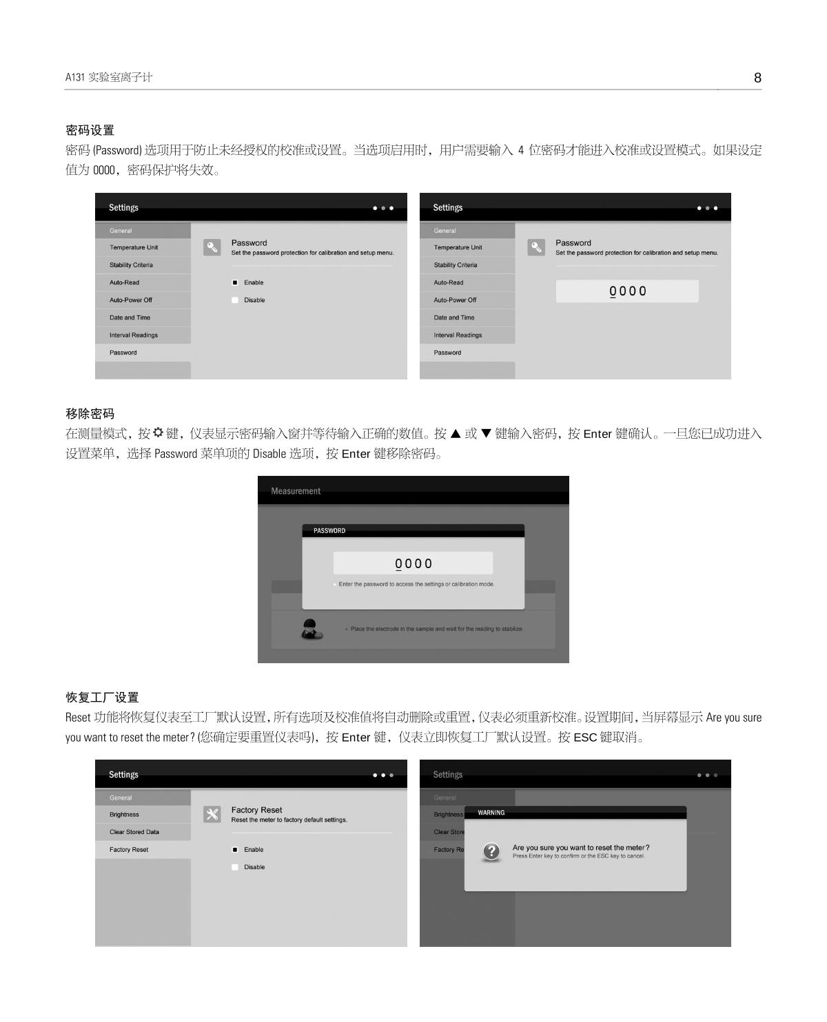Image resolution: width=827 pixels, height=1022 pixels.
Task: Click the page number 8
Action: click(x=757, y=78)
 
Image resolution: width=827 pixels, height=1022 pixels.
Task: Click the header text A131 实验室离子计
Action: click(x=108, y=77)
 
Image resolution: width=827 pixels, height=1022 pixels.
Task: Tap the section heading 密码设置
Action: click(x=90, y=130)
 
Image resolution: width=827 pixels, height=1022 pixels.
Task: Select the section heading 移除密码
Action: click(x=90, y=413)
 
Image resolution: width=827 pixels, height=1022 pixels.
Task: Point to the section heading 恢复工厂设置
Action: click(x=102, y=697)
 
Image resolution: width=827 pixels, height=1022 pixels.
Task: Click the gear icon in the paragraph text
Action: click(x=158, y=432)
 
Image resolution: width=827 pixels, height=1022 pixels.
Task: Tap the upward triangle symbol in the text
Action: click(x=456, y=433)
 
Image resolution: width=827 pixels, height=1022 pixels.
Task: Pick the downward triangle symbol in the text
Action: click(x=486, y=433)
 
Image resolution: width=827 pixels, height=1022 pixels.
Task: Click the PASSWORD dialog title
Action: click(x=329, y=531)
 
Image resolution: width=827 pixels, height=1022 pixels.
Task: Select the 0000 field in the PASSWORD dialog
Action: click(x=413, y=563)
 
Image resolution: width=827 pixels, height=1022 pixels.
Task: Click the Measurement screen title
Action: click(x=295, y=491)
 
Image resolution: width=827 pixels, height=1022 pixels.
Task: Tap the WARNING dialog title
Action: click(x=491, y=813)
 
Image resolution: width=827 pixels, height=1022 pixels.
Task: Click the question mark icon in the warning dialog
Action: click(x=491, y=851)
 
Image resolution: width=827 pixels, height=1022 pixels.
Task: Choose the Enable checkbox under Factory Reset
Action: click(x=235, y=849)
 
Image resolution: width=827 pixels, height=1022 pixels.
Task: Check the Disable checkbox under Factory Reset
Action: click(x=235, y=866)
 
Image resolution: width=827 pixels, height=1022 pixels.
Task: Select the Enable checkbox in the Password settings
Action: click(x=235, y=282)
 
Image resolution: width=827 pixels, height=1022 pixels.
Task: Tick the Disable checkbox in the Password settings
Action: click(x=235, y=300)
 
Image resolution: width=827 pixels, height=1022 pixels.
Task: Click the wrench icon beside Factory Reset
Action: click(x=212, y=814)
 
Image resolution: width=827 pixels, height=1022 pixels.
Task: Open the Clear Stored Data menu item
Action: click(x=134, y=831)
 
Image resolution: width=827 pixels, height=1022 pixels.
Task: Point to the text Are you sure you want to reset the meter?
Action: click(x=581, y=847)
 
